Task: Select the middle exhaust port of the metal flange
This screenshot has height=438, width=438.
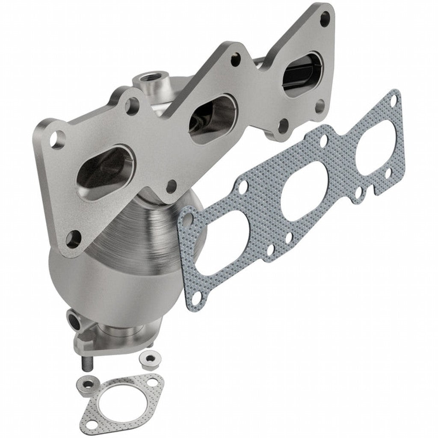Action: (213, 115)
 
